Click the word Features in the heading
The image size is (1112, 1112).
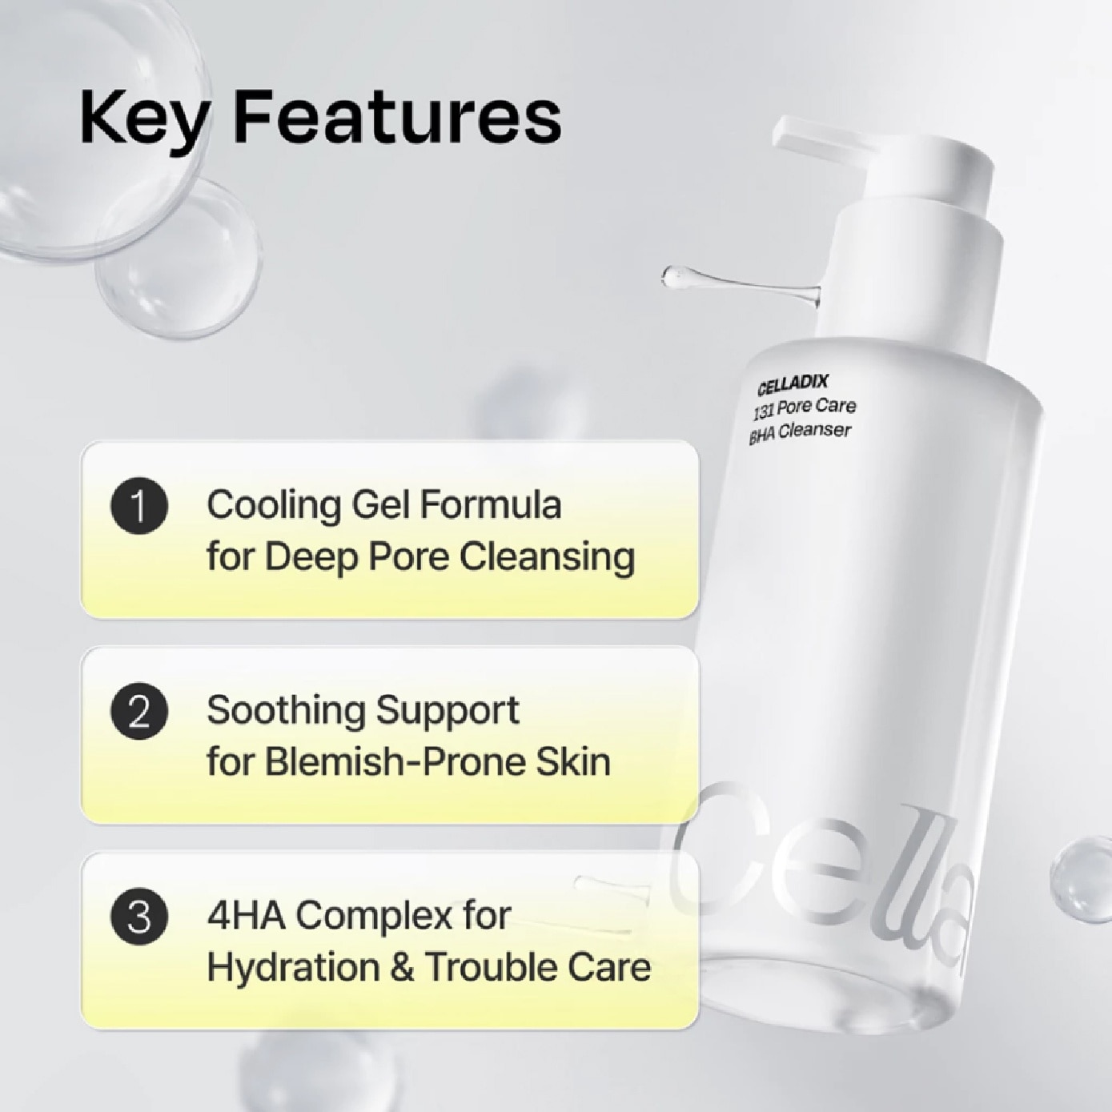pyautogui.click(x=397, y=117)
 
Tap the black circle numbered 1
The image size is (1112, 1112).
pyautogui.click(x=139, y=506)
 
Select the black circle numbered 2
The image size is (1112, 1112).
pyautogui.click(x=139, y=711)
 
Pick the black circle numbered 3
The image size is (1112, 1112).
pyautogui.click(x=139, y=917)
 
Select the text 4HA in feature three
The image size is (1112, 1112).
pyautogui.click(x=246, y=916)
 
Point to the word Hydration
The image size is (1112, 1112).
pyautogui.click(x=291, y=967)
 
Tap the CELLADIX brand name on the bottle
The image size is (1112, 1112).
pyautogui.click(x=793, y=385)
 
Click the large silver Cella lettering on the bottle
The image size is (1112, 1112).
pyautogui.click(x=825, y=873)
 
